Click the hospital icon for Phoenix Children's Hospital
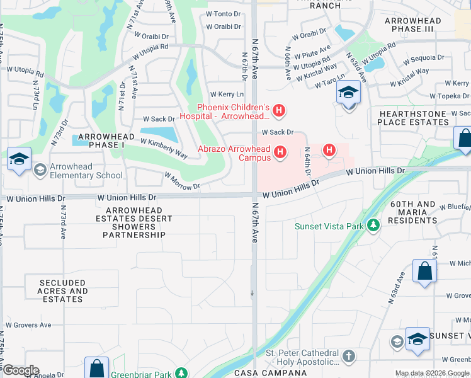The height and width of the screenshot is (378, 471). point(280,112)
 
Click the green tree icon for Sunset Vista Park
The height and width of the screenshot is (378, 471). point(374,226)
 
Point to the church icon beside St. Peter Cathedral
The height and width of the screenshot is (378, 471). point(349,357)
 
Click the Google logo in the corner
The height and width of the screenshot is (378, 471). point(20,370)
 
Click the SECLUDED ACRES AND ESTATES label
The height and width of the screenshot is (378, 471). point(63,291)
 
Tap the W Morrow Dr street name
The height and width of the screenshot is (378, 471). point(182,181)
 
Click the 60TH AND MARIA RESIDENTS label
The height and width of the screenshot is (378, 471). point(412,212)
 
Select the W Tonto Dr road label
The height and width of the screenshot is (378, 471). point(224,13)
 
